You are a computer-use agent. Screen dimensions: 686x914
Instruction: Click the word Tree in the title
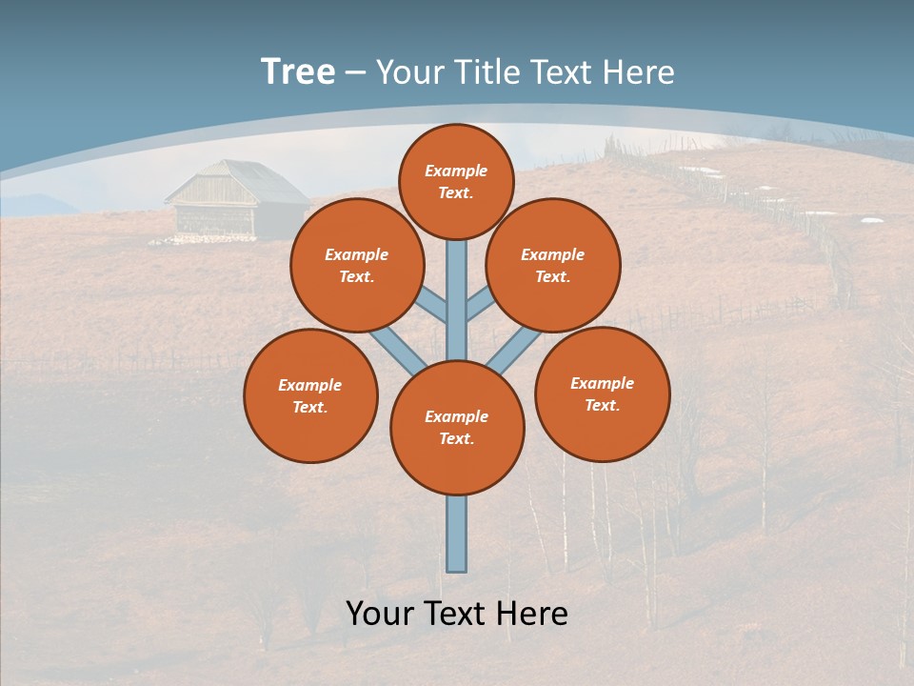(298, 72)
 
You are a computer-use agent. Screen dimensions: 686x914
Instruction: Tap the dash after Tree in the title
(355, 74)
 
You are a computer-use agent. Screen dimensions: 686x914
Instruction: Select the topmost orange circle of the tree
(456, 181)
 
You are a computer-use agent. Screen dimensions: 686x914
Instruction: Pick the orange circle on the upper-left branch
(357, 265)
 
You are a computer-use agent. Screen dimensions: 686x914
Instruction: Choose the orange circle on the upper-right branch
(553, 265)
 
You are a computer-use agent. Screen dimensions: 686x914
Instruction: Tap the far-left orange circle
(310, 395)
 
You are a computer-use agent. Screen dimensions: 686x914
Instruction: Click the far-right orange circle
(603, 393)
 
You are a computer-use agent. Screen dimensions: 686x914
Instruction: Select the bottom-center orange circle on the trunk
(457, 428)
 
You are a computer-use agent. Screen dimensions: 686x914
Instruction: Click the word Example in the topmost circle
(456, 171)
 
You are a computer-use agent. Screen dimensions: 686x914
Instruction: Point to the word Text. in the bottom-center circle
(457, 439)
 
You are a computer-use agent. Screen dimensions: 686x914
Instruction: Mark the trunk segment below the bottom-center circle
(457, 534)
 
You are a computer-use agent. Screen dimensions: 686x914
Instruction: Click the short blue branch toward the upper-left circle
(434, 306)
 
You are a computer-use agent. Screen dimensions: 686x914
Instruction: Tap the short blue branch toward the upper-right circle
(480, 304)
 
